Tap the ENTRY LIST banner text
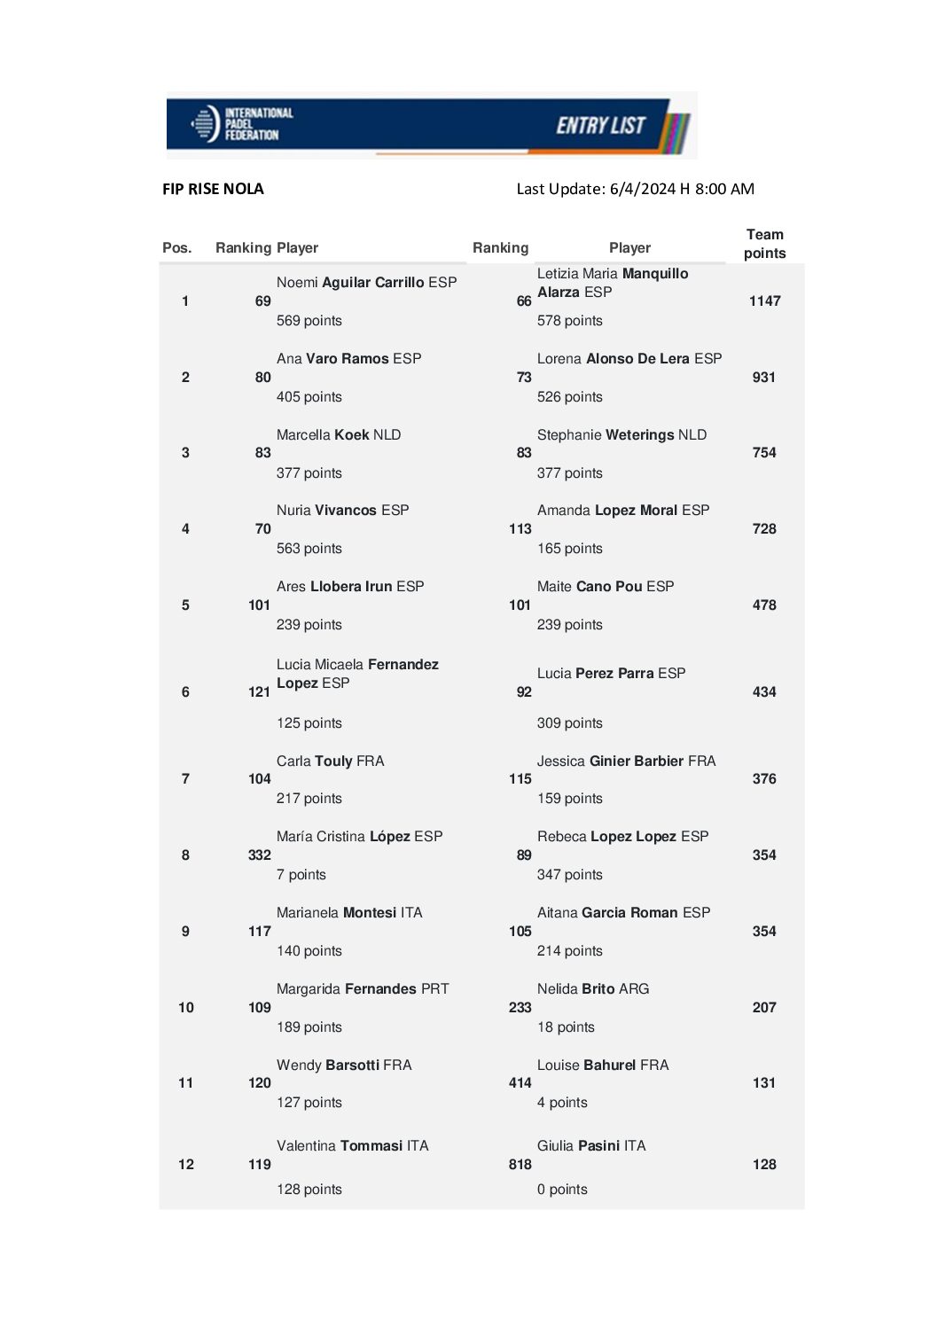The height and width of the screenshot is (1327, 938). (600, 126)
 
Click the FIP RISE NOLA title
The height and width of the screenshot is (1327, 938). (213, 189)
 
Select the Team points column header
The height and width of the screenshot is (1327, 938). (764, 244)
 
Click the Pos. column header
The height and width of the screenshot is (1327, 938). (176, 248)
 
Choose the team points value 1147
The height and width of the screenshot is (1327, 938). (764, 301)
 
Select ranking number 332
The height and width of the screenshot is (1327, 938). (260, 855)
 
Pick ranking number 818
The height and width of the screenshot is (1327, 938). (520, 1165)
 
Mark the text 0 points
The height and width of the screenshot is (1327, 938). (562, 1190)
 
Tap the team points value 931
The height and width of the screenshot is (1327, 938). (763, 378)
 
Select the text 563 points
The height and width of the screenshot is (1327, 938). (309, 549)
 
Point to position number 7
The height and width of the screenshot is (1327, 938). (185, 779)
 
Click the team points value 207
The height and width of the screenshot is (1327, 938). (763, 1008)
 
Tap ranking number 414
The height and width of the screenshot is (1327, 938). (520, 1083)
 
